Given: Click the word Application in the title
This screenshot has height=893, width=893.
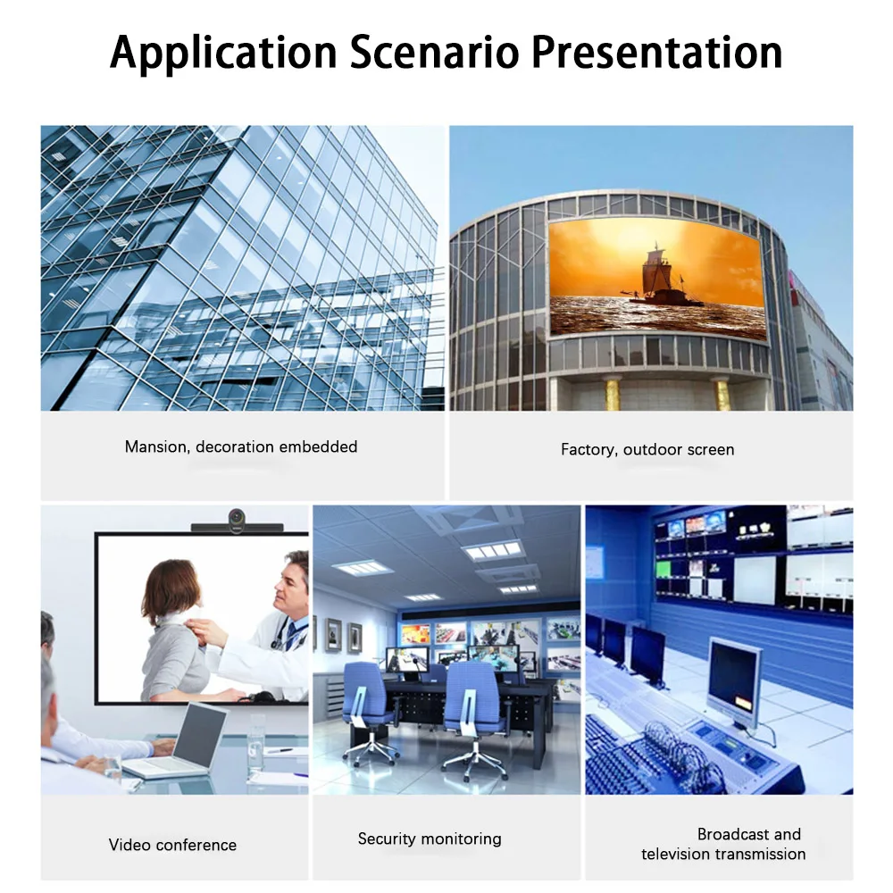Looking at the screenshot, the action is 223,53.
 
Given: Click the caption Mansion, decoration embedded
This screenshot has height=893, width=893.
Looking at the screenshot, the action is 241,446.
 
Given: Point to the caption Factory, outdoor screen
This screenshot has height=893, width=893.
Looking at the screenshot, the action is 647,449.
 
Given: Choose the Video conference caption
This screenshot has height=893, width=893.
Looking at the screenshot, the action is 172,845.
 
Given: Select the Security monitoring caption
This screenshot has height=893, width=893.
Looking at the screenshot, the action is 430,839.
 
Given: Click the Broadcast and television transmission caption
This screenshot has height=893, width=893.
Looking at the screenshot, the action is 723,844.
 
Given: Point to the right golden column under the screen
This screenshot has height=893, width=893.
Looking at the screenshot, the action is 722,394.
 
